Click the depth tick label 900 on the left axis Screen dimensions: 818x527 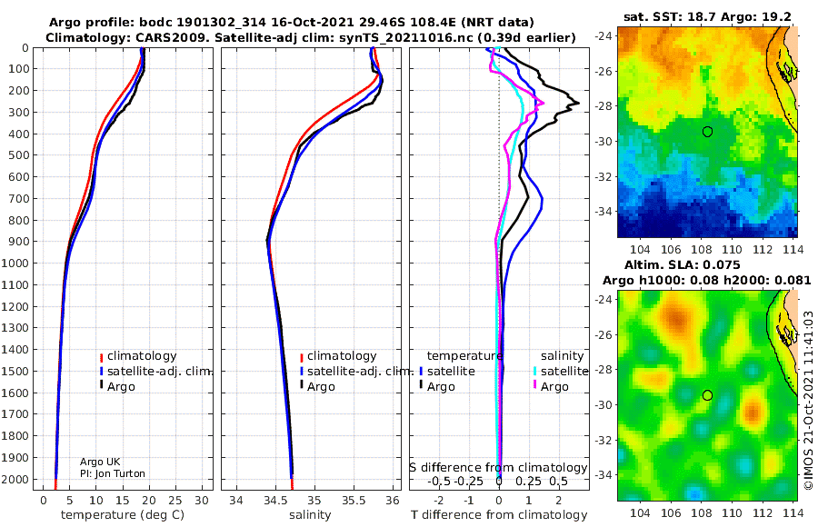[x=19, y=242]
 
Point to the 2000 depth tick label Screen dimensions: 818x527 [x=16, y=479]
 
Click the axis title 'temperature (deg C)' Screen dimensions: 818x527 [x=123, y=515]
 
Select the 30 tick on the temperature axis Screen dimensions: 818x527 [x=202, y=501]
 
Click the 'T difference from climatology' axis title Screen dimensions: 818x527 [x=499, y=515]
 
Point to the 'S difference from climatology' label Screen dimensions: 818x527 [x=498, y=468]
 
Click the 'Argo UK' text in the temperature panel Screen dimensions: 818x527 [x=100, y=462]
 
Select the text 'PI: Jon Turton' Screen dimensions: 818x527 [x=112, y=473]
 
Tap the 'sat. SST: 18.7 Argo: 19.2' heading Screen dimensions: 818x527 [x=707, y=16]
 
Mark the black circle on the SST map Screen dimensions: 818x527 [x=707, y=132]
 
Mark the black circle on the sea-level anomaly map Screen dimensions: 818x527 [x=707, y=395]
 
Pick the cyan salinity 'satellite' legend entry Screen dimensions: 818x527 [x=560, y=371]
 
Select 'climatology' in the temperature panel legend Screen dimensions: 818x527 [x=138, y=356]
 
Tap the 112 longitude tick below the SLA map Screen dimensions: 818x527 [x=763, y=512]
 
